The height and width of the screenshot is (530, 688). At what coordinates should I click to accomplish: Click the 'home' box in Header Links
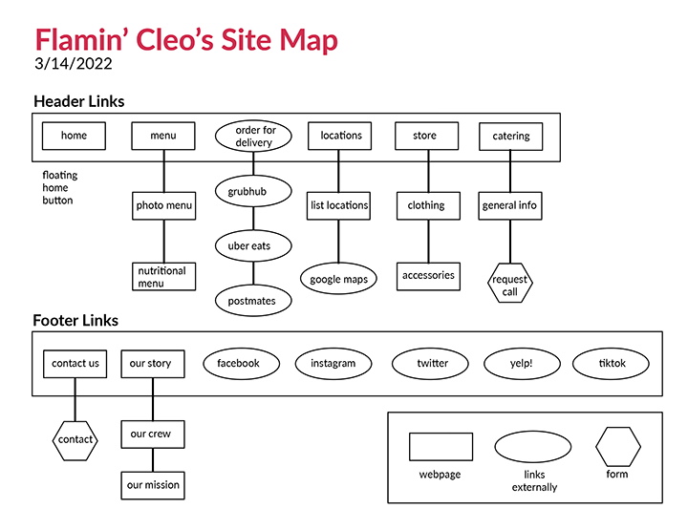[74, 136]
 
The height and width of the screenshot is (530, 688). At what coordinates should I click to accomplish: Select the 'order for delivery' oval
[253, 136]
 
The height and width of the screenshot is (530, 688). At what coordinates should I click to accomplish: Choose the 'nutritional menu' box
[163, 277]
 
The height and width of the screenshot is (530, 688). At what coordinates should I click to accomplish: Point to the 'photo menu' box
[163, 205]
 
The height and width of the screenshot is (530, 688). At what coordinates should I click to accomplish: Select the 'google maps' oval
[339, 279]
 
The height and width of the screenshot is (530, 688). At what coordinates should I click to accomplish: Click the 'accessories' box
[428, 276]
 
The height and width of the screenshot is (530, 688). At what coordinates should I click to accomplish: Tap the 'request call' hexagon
[510, 285]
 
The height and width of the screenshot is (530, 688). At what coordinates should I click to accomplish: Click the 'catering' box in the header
[511, 137]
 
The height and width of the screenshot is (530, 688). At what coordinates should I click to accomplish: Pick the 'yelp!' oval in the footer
[522, 364]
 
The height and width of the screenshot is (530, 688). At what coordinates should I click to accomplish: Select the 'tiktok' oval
[611, 364]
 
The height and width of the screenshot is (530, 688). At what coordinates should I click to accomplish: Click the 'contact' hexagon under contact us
[75, 440]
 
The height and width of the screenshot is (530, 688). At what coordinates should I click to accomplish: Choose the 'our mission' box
[153, 485]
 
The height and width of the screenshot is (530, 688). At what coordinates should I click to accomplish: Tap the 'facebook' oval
[239, 364]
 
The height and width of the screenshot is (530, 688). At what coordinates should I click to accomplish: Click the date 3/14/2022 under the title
[73, 65]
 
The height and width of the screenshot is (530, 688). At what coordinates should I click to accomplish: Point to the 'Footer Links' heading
[75, 321]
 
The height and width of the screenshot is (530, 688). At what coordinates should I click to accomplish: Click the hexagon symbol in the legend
[617, 447]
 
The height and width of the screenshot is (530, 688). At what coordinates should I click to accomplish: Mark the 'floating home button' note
[60, 188]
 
